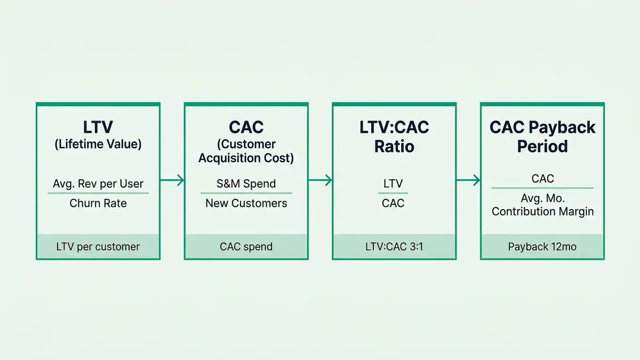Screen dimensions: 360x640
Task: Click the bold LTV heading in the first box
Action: click(x=98, y=127)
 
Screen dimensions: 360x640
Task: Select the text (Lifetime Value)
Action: click(x=98, y=144)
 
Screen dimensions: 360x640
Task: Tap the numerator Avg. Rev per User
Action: click(x=98, y=184)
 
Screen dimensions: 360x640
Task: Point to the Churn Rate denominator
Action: click(x=98, y=203)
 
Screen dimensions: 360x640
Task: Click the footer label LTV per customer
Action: click(x=98, y=247)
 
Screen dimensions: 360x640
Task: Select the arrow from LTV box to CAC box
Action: click(x=172, y=181)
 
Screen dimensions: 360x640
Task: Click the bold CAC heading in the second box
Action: click(x=246, y=127)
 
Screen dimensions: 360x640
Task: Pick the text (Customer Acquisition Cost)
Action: click(x=246, y=151)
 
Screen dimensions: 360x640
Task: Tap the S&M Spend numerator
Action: click(x=246, y=184)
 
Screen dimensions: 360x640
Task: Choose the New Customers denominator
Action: click(x=246, y=203)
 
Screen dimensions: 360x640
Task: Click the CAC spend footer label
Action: click(x=246, y=247)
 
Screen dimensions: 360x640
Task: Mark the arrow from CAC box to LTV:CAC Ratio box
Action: click(x=320, y=181)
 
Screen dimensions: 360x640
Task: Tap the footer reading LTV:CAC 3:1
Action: click(x=394, y=247)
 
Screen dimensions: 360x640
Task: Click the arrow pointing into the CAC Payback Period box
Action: click(x=468, y=181)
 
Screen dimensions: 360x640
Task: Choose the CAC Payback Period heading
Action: click(x=542, y=137)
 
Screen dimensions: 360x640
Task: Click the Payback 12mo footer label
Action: click(x=542, y=247)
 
